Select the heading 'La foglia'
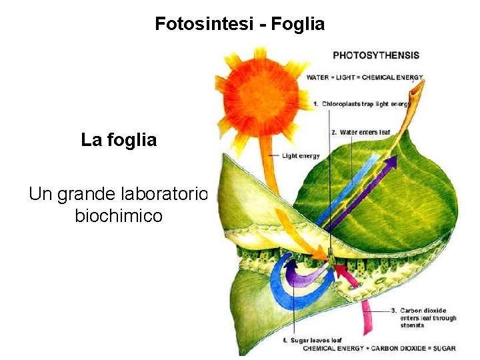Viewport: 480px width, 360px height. pos(119,140)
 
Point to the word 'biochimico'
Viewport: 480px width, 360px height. pos(119,216)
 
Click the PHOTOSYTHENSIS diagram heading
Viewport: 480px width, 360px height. pos(375,55)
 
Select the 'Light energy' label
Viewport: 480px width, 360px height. pos(301,156)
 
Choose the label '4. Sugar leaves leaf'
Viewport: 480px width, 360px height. pos(313,341)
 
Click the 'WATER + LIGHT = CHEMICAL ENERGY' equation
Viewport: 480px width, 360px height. pos(365,78)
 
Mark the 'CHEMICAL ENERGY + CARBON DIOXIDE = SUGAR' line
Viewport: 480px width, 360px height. pos(379,348)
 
